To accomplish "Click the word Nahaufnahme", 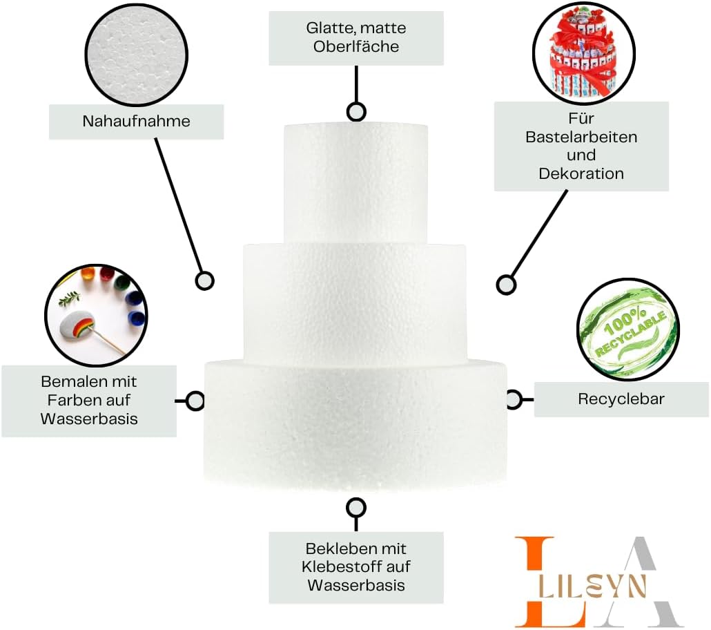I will click(136, 122).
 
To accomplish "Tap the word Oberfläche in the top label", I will click(356, 47).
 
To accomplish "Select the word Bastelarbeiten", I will click(581, 137).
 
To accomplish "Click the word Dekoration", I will click(581, 173).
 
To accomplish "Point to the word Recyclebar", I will click(621, 399).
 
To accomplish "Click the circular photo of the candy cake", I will click(583, 55).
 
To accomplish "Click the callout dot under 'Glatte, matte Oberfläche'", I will click(356, 111).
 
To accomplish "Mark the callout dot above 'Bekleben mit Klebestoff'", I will click(356, 508).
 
